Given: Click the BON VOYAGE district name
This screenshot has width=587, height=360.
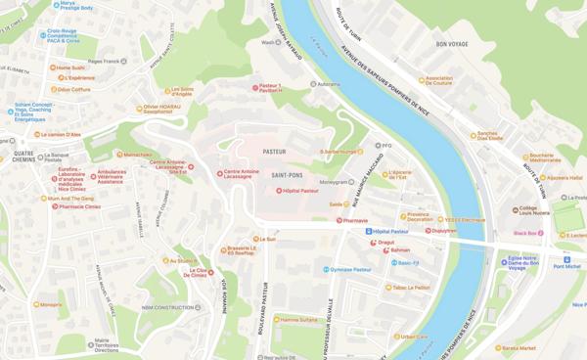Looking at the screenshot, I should [453, 44].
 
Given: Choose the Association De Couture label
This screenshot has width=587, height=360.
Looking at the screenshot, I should [440, 80].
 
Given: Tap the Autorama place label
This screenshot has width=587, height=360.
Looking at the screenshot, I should [328, 84].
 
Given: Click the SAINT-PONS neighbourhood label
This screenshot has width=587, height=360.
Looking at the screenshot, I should [286, 176].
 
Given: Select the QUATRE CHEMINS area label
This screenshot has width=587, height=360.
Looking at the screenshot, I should [23, 157].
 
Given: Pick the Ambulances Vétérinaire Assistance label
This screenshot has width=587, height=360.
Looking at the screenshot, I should [111, 176].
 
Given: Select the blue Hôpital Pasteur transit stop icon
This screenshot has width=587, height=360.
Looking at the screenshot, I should [369, 232].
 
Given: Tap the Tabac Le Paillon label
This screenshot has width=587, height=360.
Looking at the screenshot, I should [411, 288].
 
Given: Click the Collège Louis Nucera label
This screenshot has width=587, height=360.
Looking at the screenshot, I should [533, 210].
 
